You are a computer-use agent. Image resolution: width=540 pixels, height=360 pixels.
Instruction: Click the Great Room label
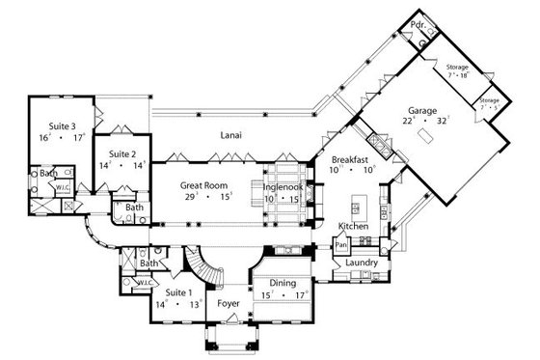(x=203, y=184)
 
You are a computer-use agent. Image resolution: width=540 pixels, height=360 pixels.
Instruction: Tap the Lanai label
(x=229, y=135)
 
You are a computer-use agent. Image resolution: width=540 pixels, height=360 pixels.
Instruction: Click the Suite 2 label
(x=122, y=153)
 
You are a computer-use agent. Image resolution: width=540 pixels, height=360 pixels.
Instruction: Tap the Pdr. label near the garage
(x=418, y=24)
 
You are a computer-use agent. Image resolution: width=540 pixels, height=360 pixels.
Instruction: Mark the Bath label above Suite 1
(x=148, y=263)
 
